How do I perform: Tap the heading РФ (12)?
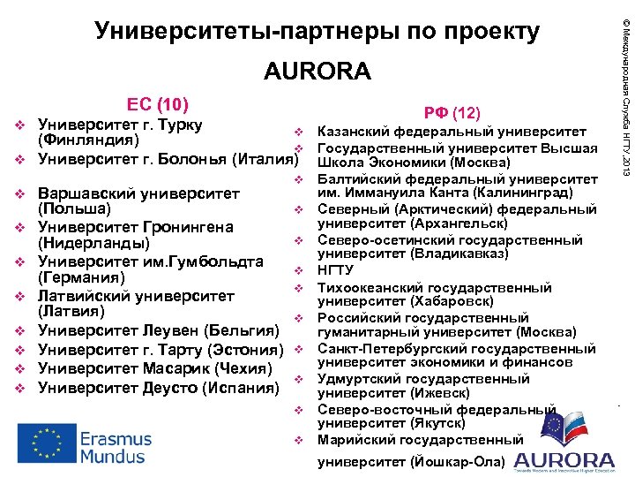[x=452, y=113]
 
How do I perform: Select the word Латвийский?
[x=85, y=296]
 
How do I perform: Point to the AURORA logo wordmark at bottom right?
[x=564, y=460]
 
